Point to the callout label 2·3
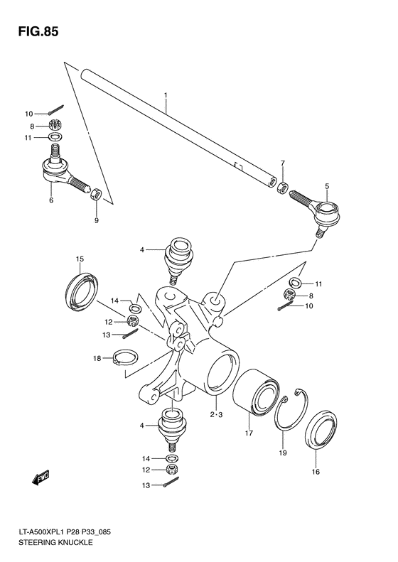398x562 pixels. pos(216,414)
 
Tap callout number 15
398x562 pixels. pos(80,258)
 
